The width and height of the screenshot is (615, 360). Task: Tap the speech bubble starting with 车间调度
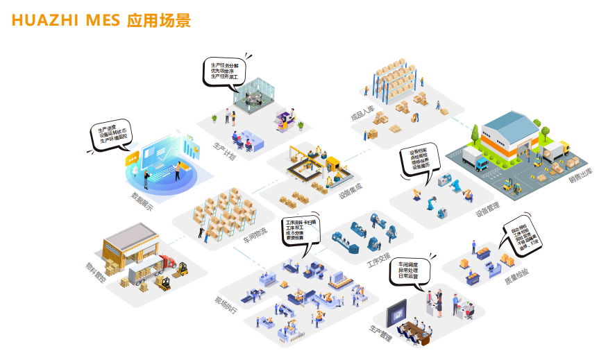coord(412,271)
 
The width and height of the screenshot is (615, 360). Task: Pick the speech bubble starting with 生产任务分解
coord(224,71)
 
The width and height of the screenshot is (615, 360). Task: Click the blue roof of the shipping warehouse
coord(511,126)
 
